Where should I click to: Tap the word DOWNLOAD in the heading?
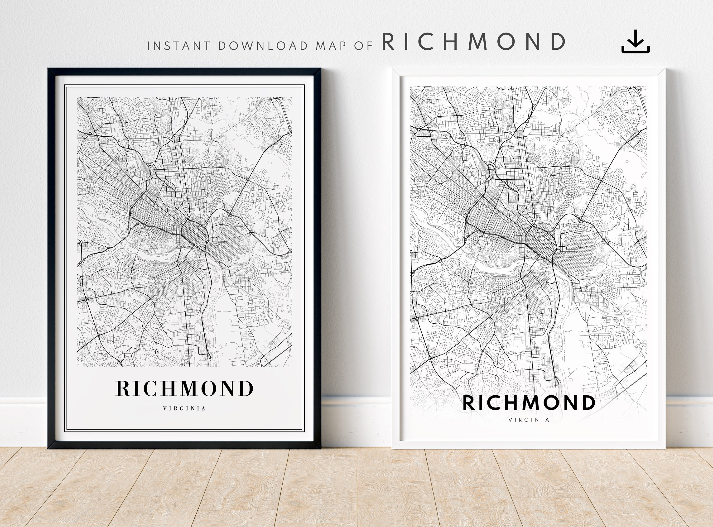point(263,46)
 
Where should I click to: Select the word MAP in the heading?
point(331,46)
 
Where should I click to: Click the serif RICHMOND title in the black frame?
point(184,388)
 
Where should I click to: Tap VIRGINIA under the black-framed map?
point(184,408)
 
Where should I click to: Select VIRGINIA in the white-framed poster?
point(529,420)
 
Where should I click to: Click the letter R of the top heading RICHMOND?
point(388,42)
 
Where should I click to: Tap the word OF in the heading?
point(363,46)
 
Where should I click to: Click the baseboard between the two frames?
point(356,421)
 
